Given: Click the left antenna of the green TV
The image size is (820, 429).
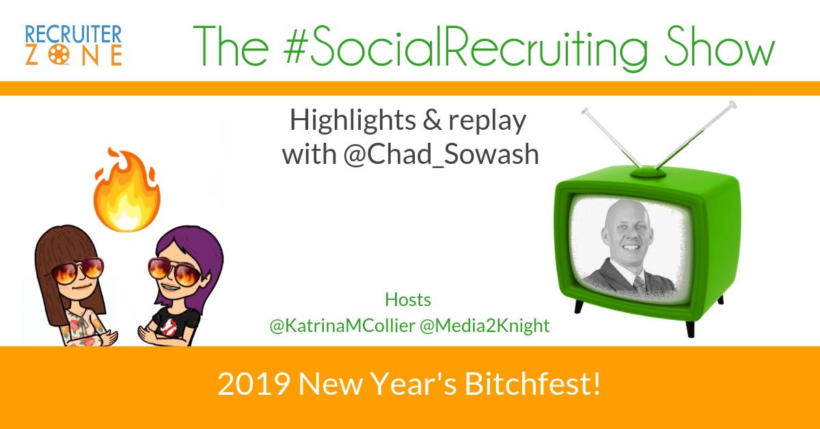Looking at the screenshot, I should [608, 137].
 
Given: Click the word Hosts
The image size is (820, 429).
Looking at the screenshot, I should [408, 300].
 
